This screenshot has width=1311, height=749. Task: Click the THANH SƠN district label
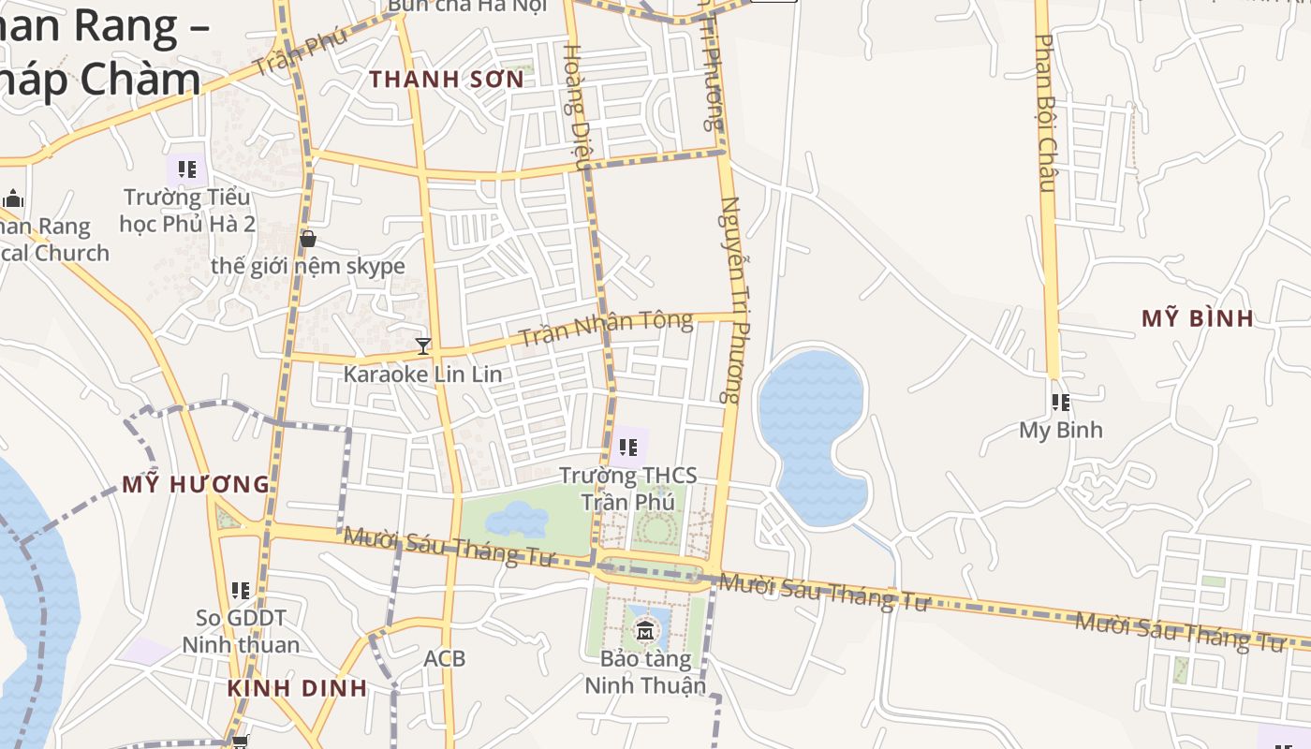(447, 80)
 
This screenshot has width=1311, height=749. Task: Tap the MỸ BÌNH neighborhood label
(1197, 318)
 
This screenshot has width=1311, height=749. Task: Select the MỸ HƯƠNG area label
(196, 484)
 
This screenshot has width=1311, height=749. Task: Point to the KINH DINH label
(297, 688)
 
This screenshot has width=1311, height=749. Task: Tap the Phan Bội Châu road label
(1046, 112)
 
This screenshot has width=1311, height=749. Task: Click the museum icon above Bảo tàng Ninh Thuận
(645, 630)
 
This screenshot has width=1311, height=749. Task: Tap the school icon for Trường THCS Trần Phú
(628, 448)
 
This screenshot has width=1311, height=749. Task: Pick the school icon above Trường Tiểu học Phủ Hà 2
(187, 169)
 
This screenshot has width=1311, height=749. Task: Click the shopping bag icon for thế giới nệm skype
(308, 239)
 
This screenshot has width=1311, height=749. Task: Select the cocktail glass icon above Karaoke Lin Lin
(423, 346)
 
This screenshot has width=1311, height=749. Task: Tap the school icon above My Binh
(1060, 403)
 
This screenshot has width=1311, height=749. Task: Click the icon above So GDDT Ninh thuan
(241, 591)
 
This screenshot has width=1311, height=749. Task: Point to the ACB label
(444, 658)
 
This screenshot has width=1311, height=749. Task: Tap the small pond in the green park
(516, 518)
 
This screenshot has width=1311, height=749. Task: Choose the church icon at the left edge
(13, 198)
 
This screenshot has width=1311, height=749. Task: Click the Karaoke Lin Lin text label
(422, 374)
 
